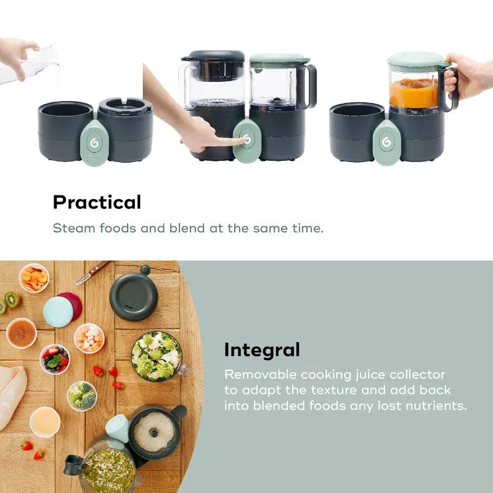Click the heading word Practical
tap(97, 202)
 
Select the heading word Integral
tap(262, 350)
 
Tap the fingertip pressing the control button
tap(240, 141)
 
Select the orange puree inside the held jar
tap(414, 92)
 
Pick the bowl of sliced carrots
tap(34, 278)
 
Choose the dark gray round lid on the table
tap(134, 297)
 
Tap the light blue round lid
tap(57, 311)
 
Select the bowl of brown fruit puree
tap(21, 333)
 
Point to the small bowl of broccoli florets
tap(82, 396)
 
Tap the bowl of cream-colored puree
tap(45, 422)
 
